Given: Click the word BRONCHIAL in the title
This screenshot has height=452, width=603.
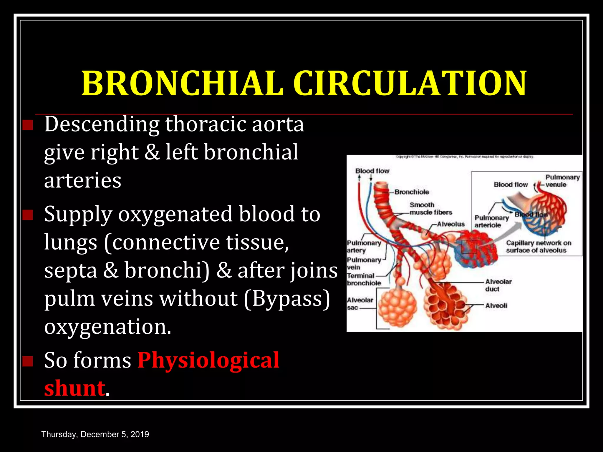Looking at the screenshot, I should [x=182, y=84].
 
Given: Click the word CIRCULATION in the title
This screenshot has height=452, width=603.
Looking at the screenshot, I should [x=410, y=84].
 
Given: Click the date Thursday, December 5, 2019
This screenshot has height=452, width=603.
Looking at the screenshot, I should [x=95, y=434].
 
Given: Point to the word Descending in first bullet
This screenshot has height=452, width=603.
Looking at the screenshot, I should [x=102, y=124].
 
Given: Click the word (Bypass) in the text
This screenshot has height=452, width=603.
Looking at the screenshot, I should [x=287, y=299].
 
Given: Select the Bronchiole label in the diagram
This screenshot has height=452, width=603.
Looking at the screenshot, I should [x=412, y=192].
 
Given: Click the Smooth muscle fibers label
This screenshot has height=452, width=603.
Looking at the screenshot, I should [x=430, y=209].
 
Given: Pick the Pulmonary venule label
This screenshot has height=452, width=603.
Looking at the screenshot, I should [x=562, y=181].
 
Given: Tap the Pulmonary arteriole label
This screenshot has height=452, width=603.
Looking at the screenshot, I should [x=491, y=221].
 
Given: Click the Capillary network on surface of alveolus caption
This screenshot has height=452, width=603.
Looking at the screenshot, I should [x=538, y=247].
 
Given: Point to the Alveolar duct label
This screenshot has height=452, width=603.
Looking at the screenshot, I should [x=498, y=285].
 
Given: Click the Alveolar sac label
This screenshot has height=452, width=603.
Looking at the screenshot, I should [x=360, y=304].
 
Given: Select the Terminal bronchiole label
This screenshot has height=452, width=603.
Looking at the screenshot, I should [x=363, y=279].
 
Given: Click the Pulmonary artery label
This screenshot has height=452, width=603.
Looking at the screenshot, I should [x=363, y=247].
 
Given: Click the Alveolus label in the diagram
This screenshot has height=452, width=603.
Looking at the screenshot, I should [x=450, y=224].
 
